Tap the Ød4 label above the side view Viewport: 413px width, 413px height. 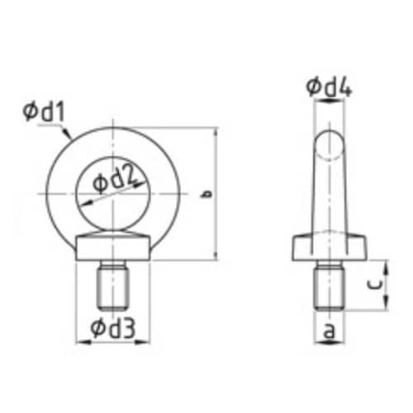(329, 86)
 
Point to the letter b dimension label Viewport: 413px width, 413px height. (207, 195)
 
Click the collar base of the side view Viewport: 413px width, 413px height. (330, 249)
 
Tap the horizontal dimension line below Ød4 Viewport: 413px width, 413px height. (330, 101)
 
